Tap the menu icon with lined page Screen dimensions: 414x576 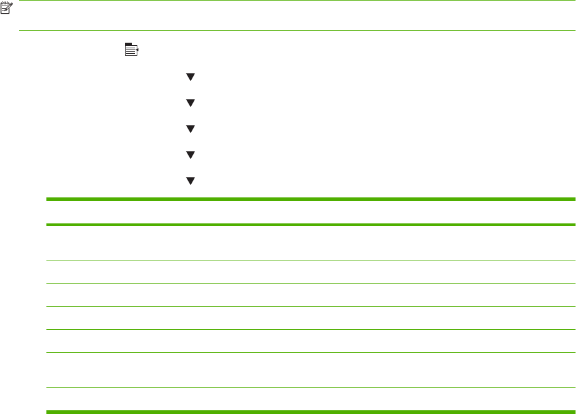pyautogui.click(x=131, y=50)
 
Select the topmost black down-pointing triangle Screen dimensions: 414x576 pyautogui.click(x=191, y=77)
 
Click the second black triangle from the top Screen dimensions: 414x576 pyautogui.click(x=191, y=103)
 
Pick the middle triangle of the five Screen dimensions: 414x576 pyautogui.click(x=191, y=129)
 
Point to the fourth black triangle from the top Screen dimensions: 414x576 pyautogui.click(x=191, y=155)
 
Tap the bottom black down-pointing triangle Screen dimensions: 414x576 pyautogui.click(x=191, y=181)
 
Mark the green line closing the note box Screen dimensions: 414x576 pyautogui.click(x=297, y=31)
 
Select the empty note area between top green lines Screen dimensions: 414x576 pyautogui.click(x=297, y=16)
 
